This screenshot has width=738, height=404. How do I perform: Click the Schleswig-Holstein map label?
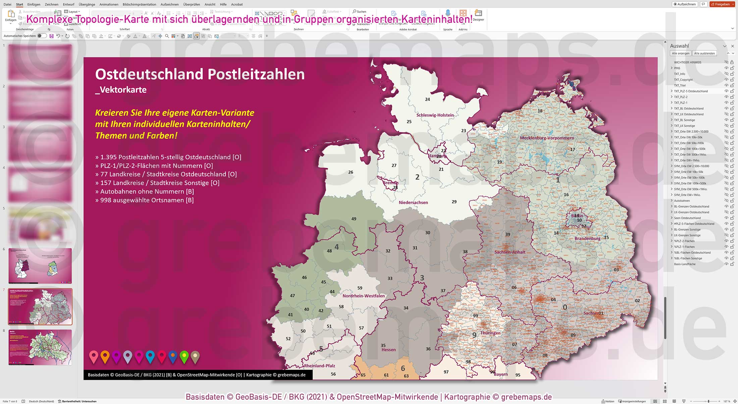435,115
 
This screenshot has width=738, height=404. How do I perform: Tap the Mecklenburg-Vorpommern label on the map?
546,138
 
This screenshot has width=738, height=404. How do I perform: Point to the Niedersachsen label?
413,203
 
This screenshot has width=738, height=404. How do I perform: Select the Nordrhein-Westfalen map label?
363,296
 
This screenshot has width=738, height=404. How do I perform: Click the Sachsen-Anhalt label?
510,252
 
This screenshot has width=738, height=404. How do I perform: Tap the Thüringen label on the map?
490,333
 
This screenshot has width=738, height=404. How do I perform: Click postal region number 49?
354,219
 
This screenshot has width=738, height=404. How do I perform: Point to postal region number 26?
351,172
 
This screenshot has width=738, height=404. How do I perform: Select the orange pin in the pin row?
105,356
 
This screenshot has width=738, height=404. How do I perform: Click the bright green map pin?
184,356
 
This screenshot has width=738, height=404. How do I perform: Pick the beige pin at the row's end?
195,356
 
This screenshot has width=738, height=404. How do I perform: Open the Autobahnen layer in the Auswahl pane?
682,200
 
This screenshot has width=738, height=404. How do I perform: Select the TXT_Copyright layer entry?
683,79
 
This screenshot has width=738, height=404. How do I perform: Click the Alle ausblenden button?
704,53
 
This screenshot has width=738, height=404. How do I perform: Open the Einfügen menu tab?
34,4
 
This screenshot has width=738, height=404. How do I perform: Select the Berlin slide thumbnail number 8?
40,347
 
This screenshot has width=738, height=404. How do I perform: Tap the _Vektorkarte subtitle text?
121,90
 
